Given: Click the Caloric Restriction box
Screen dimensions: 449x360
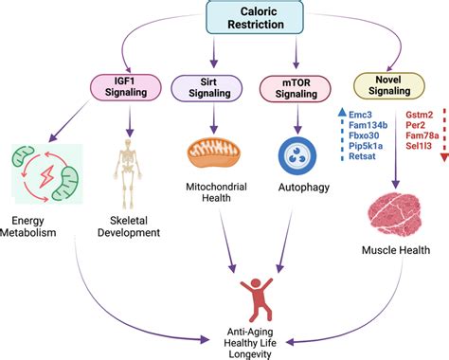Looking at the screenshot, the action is (x=255, y=17).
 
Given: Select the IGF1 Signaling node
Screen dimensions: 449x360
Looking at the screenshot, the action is (x=126, y=87).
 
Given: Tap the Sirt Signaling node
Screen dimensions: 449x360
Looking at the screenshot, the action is (x=207, y=88).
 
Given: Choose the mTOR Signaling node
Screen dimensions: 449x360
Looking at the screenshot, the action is (x=296, y=89).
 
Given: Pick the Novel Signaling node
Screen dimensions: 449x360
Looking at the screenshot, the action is (x=389, y=86).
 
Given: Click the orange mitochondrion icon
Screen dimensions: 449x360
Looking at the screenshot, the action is (x=214, y=153).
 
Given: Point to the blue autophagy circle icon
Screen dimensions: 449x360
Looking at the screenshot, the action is (x=297, y=156).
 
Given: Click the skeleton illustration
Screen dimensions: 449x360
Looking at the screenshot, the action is (x=128, y=173).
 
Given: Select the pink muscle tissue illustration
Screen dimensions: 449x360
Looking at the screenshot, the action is (x=395, y=214).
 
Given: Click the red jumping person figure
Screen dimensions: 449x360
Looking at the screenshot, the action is (x=257, y=299).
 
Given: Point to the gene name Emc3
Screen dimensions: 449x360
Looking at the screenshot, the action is (x=360, y=115).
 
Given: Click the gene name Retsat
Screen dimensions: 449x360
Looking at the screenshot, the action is (x=362, y=156).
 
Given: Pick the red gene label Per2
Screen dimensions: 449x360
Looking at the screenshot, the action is (x=415, y=125).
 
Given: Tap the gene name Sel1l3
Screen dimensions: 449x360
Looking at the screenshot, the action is (x=419, y=146).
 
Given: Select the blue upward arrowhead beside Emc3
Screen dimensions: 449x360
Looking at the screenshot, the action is (x=342, y=112).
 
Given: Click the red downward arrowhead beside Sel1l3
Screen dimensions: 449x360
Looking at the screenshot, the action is (x=444, y=157).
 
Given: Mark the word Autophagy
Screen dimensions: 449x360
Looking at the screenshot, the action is (x=304, y=188).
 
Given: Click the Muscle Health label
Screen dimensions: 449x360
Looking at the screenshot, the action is (x=396, y=250).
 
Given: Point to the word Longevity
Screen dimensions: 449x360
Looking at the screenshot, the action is (x=250, y=354).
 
